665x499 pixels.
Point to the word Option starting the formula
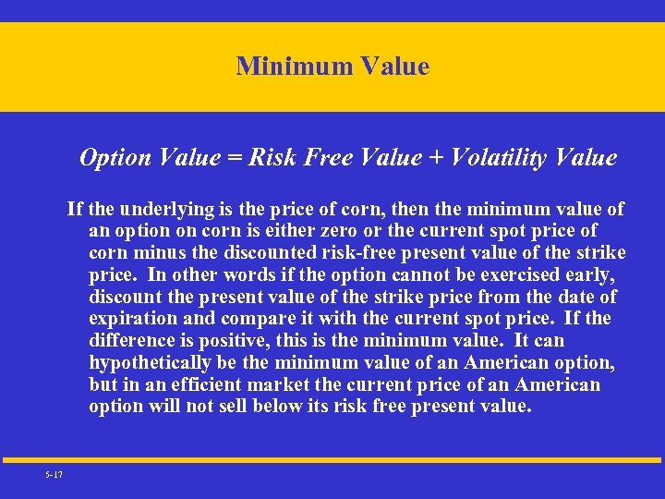(111, 158)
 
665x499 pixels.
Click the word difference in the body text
(135, 341)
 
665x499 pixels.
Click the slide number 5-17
(53, 474)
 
